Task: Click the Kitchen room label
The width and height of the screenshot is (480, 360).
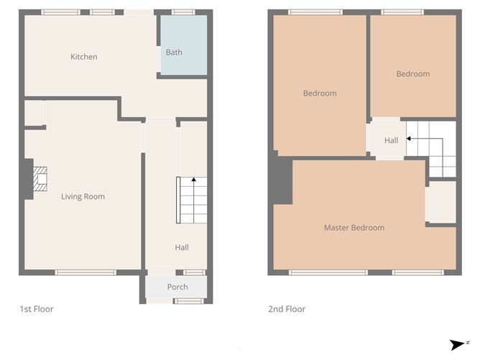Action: tap(83, 57)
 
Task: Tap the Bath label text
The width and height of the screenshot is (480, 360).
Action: tap(174, 52)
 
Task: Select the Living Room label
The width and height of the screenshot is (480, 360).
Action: tap(83, 196)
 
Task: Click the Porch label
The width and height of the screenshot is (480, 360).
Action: tap(177, 286)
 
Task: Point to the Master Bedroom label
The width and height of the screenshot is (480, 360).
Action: tap(354, 228)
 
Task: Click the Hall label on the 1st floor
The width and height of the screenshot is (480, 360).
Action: tap(182, 247)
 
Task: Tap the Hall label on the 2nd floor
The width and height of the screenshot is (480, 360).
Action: tap(391, 141)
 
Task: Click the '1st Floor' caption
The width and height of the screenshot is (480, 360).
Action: tap(36, 309)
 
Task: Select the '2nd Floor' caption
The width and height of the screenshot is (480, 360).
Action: tap(287, 309)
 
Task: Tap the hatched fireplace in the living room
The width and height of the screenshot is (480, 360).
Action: tap(40, 179)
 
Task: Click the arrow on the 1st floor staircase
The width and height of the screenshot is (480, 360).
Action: tap(194, 180)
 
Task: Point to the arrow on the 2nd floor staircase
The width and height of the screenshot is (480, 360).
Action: tap(409, 137)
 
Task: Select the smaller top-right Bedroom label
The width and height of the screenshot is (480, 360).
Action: tap(412, 73)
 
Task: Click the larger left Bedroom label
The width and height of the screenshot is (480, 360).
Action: tap(320, 93)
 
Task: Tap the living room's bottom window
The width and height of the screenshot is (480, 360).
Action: tap(86, 272)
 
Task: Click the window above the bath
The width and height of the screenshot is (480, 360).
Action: tap(183, 12)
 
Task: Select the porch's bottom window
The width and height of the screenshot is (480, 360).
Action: tap(189, 300)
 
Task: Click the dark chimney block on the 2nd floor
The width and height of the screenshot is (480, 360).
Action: tap(281, 180)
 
